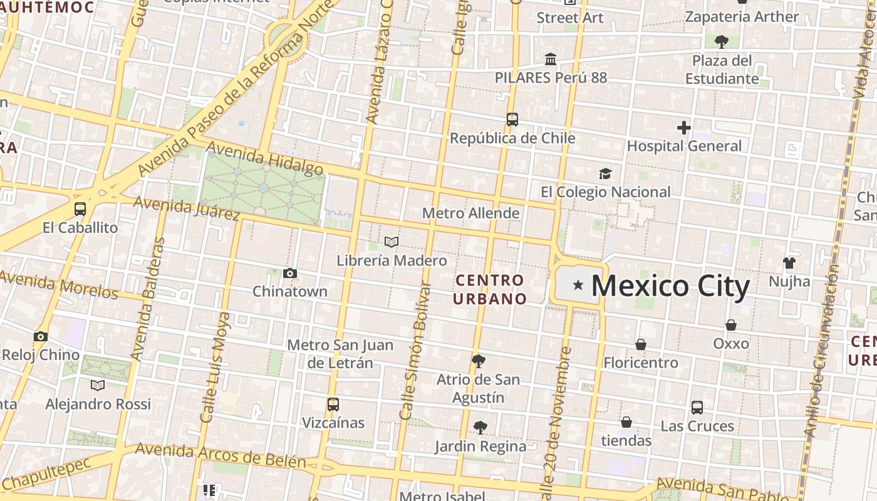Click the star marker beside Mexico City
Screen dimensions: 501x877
click(x=578, y=286)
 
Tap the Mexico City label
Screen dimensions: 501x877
click(x=670, y=286)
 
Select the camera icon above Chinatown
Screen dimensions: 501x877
click(x=289, y=273)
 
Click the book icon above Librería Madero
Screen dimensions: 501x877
click(x=392, y=242)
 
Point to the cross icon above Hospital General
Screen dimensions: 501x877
click(x=683, y=128)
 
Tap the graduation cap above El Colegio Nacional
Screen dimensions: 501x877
click(x=605, y=173)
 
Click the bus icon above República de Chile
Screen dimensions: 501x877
click(x=512, y=119)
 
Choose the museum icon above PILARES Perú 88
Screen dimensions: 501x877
click(x=551, y=59)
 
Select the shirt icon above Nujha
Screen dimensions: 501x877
click(x=789, y=263)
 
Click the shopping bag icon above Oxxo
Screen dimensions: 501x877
click(x=730, y=325)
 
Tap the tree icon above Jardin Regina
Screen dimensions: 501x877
click(x=480, y=428)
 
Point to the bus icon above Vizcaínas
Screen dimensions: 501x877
click(x=333, y=405)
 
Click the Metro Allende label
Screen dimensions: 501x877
click(x=470, y=213)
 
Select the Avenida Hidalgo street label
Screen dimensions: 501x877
click(x=264, y=158)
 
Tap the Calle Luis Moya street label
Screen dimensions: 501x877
click(x=215, y=368)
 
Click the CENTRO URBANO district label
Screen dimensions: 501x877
click(x=490, y=289)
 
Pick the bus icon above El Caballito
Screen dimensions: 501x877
click(x=80, y=209)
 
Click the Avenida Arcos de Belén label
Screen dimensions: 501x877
click(x=221, y=456)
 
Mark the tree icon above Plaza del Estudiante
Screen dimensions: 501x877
click(x=721, y=42)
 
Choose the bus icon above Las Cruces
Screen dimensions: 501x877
click(x=697, y=408)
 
